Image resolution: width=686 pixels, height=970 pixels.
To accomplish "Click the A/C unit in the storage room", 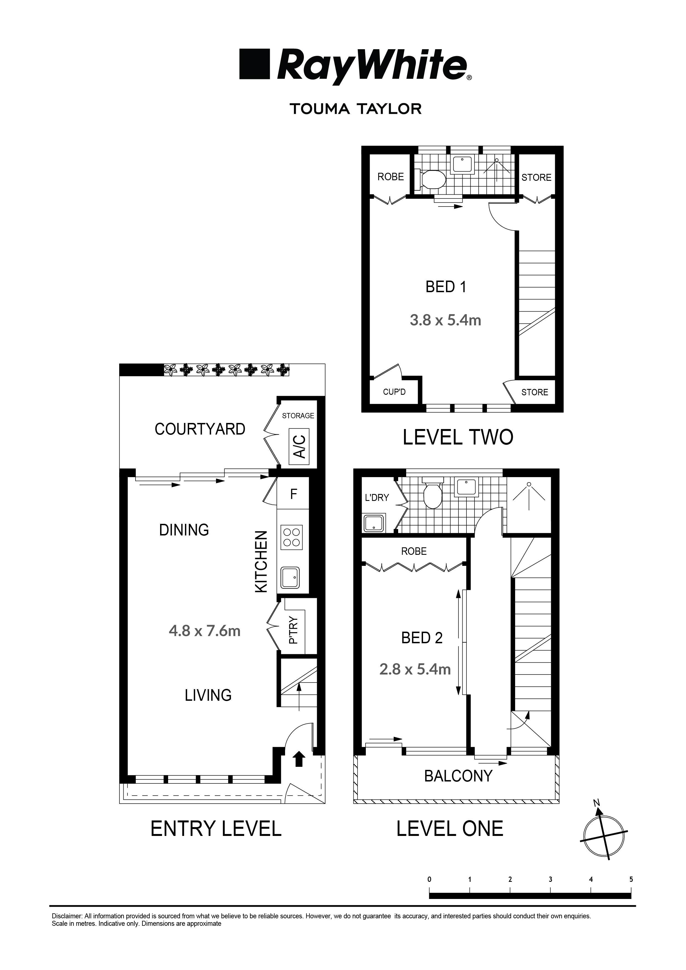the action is [x=299, y=446].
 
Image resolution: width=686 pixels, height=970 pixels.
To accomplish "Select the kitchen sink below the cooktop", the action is [x=290, y=577].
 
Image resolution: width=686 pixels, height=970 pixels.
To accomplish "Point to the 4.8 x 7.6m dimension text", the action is [x=205, y=631].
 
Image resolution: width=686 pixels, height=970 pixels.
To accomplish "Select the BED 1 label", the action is [x=445, y=287].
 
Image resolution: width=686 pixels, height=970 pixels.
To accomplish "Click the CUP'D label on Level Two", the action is [x=394, y=392].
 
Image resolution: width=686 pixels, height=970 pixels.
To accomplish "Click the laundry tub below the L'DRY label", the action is [x=374, y=523].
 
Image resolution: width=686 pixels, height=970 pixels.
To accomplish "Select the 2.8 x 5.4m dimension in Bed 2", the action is [x=415, y=669].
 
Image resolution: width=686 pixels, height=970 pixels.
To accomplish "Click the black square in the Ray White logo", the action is [x=254, y=64].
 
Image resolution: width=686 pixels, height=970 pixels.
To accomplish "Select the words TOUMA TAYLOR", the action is [x=356, y=109].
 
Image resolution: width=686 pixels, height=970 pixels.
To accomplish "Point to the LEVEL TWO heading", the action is [x=458, y=437].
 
